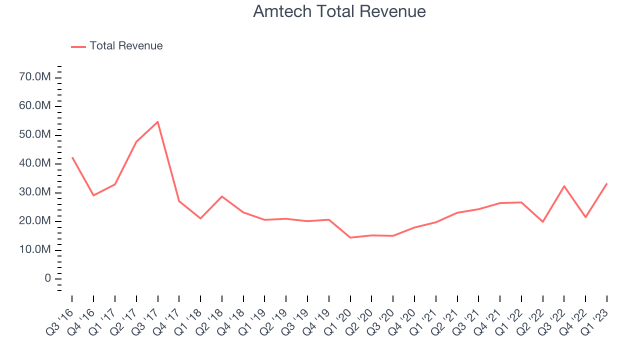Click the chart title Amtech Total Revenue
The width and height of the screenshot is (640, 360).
pyautogui.click(x=339, y=11)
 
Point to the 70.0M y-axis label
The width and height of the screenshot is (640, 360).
pyautogui.click(x=35, y=77)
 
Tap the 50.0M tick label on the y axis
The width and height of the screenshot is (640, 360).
pyautogui.click(x=35, y=135)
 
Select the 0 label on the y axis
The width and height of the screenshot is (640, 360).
pyautogui.click(x=48, y=278)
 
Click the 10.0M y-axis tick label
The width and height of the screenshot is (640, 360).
pyautogui.click(x=35, y=250)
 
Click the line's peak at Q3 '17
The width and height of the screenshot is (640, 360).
pyautogui.click(x=157, y=121)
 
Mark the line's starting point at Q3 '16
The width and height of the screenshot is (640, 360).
pyautogui.click(x=72, y=157)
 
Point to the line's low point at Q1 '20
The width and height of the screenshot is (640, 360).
pyautogui.click(x=350, y=237)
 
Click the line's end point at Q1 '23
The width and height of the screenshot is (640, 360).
pyautogui.click(x=607, y=183)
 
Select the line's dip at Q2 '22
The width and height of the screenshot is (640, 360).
pyautogui.click(x=543, y=221)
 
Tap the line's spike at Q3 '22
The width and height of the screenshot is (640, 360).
pyautogui.click(x=564, y=186)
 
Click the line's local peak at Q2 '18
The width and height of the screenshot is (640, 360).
pyautogui.click(x=222, y=196)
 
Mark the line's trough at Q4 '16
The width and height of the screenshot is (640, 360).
pyautogui.click(x=93, y=195)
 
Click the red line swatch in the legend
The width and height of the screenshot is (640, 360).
pyautogui.click(x=78, y=46)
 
